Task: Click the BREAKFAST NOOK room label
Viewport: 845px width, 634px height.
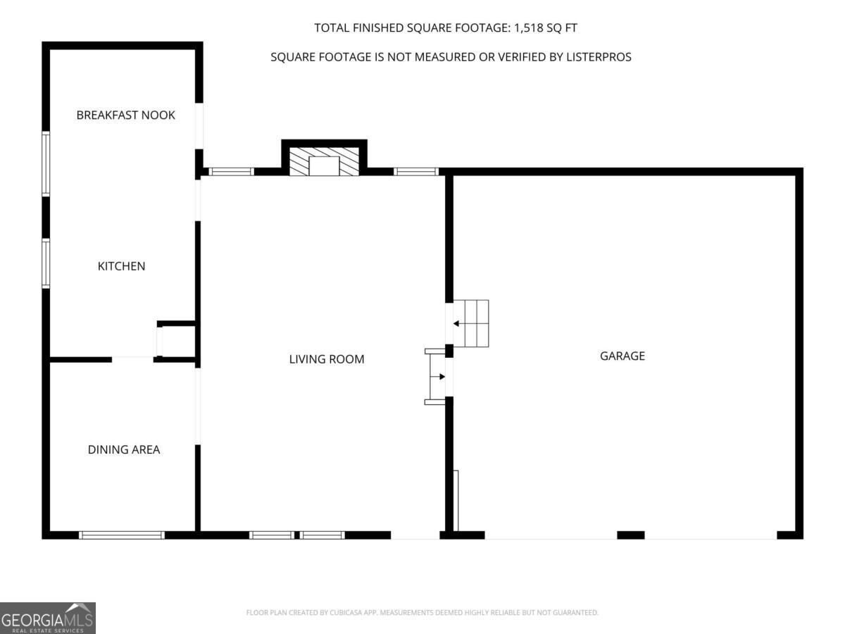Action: (125, 115)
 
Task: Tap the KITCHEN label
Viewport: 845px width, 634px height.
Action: (121, 266)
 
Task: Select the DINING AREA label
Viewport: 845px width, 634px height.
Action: (123, 449)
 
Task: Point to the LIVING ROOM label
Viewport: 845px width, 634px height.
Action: (327, 359)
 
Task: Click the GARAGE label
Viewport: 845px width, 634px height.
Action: (622, 356)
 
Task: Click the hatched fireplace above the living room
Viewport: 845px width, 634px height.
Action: (324, 161)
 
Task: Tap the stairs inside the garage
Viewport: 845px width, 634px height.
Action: (471, 323)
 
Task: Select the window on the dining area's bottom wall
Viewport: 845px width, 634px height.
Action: (122, 535)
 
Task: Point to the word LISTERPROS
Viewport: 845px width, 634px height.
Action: (599, 57)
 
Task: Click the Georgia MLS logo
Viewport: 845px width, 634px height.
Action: (48, 618)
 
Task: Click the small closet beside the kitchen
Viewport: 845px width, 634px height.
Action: (176, 342)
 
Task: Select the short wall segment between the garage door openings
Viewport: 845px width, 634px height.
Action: (630, 535)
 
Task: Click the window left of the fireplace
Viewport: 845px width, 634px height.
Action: (231, 172)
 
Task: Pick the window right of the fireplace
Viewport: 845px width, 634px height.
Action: (416, 172)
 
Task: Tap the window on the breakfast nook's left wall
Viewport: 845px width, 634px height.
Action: (46, 164)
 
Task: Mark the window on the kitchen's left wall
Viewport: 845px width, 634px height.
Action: (46, 263)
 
